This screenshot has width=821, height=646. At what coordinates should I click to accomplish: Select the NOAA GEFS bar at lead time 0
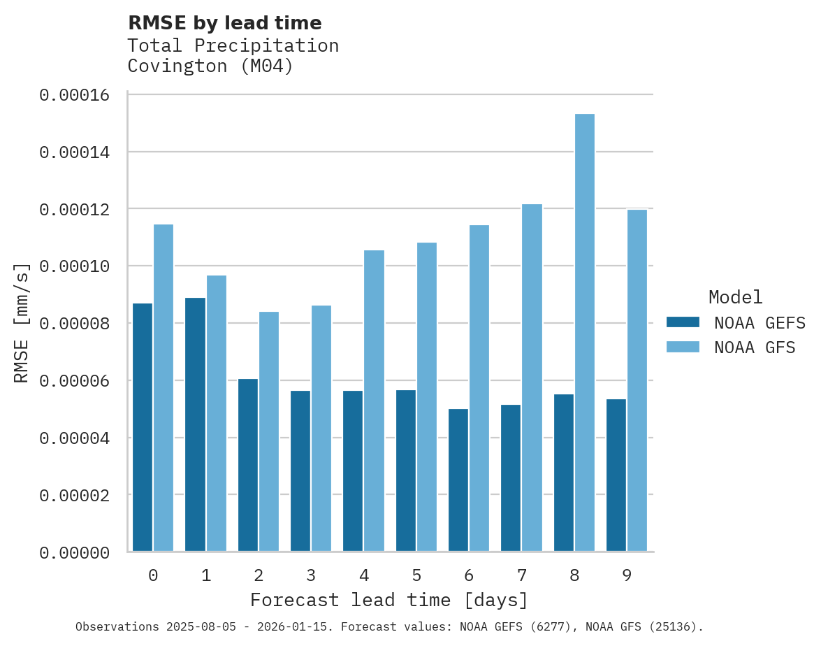tap(143, 427)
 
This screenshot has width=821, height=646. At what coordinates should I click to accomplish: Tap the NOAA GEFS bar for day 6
tap(458, 480)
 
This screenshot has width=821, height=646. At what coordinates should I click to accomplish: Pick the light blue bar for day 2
tap(269, 431)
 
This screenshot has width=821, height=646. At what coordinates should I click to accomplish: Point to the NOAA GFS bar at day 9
tap(637, 380)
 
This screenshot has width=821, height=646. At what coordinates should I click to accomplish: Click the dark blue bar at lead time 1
tap(195, 424)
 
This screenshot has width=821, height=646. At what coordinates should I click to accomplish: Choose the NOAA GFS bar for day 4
tap(374, 401)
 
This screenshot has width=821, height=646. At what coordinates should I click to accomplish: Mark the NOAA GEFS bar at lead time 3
tap(300, 471)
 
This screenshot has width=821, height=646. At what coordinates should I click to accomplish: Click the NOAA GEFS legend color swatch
tap(683, 322)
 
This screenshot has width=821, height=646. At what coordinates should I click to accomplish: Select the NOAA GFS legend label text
tap(755, 347)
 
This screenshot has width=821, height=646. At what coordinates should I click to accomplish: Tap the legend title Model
tap(735, 297)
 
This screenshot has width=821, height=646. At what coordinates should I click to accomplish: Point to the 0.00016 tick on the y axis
tap(75, 95)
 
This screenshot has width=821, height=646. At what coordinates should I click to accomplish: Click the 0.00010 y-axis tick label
tap(75, 267)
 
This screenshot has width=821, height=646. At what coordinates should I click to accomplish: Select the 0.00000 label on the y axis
tap(75, 553)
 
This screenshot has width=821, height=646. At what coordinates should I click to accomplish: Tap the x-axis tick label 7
tap(521, 575)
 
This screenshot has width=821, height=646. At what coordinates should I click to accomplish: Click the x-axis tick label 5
tap(416, 575)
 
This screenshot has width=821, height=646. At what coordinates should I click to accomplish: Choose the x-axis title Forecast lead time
tap(389, 600)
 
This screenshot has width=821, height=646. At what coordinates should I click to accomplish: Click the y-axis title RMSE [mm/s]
tap(22, 323)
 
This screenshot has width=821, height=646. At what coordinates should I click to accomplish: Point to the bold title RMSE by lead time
tap(225, 23)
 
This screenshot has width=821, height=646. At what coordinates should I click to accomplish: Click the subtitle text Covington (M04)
tap(210, 66)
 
